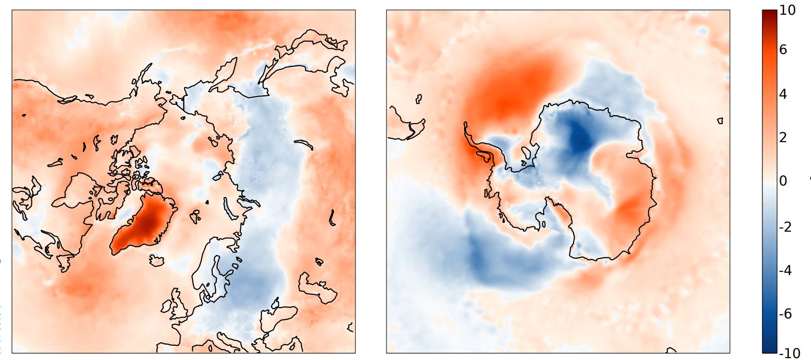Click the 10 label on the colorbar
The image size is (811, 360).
787,10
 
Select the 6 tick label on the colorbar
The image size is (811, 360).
783,49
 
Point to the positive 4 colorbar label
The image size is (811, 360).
783,94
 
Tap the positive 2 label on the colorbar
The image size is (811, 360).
783,137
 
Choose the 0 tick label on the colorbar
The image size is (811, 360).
783,180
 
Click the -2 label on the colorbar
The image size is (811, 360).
785,227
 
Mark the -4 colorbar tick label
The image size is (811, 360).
785,270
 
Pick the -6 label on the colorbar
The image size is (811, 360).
785,313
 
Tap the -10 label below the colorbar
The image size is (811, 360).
789,353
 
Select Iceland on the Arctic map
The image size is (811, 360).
157,261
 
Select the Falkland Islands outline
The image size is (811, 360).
418,98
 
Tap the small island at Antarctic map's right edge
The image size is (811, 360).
720,121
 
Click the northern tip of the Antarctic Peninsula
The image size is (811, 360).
465,123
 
